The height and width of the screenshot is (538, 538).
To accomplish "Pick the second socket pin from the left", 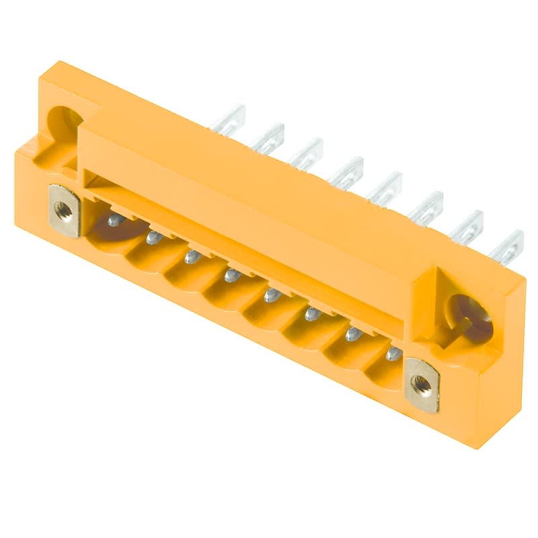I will (154, 236).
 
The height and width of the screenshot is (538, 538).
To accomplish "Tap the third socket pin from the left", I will (193, 256).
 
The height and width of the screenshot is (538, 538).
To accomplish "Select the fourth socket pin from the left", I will (232, 274).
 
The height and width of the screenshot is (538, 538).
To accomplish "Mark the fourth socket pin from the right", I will (272, 295).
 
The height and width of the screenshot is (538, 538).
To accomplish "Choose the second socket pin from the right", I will (353, 334).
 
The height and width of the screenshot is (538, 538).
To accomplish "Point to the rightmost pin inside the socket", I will (394, 354).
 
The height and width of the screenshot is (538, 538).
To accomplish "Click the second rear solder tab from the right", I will (467, 227).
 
